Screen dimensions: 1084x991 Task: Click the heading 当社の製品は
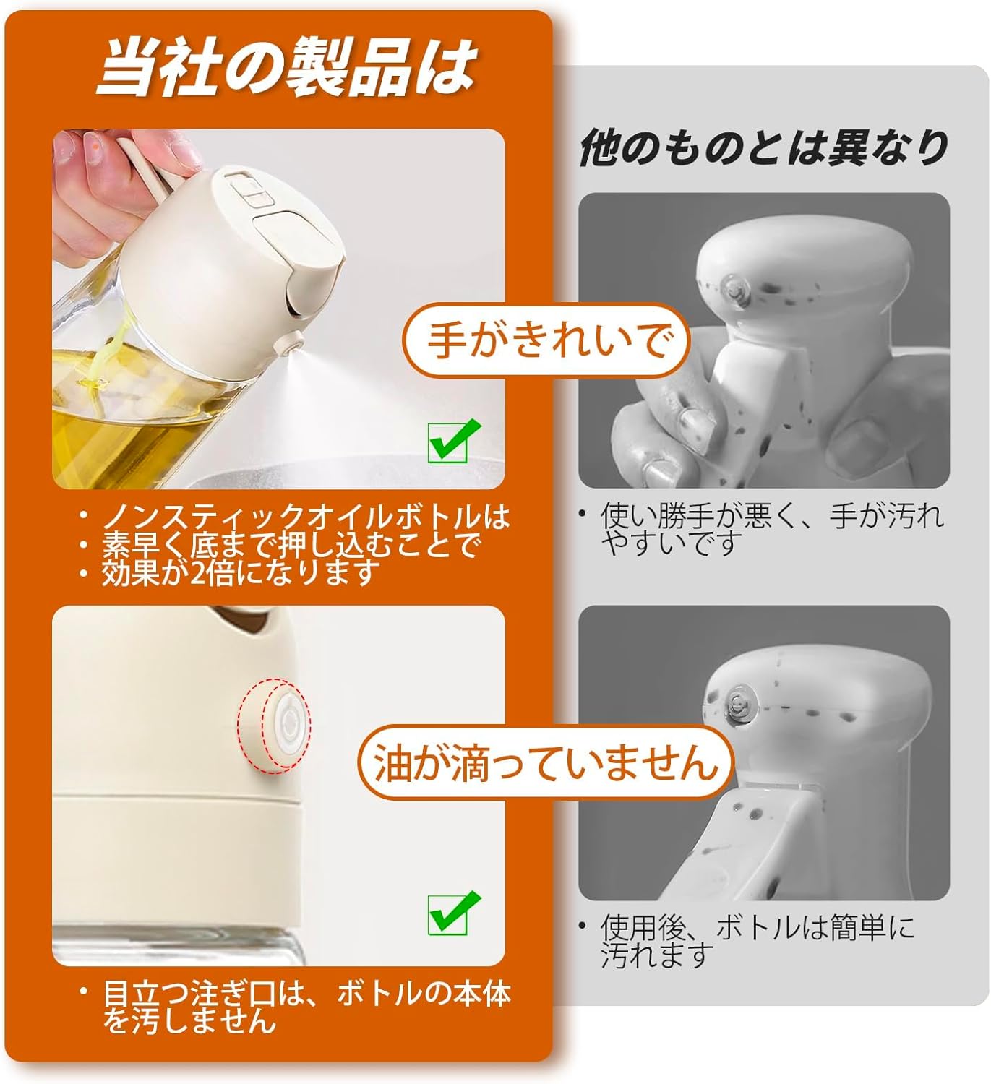(x=287, y=69)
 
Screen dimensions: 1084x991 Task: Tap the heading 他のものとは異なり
(x=764, y=147)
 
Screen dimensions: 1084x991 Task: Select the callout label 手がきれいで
(x=546, y=341)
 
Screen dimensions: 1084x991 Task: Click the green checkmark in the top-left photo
(x=453, y=440)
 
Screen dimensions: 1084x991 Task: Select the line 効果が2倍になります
(x=241, y=572)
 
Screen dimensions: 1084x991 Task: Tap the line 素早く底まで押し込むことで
(x=291, y=544)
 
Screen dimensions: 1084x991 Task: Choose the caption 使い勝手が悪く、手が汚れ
(x=772, y=516)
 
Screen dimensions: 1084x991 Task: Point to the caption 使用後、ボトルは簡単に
(x=758, y=927)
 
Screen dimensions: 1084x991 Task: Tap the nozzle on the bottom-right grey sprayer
(x=738, y=702)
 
